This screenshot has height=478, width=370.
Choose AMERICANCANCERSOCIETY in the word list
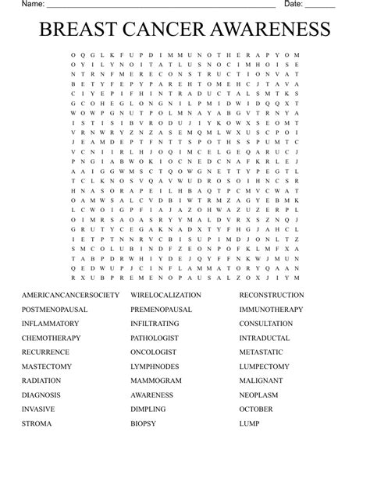click(71, 296)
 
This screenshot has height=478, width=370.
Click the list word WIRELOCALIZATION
click(165, 296)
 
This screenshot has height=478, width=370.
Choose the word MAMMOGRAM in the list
click(156, 381)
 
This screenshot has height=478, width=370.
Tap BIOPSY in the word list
click(144, 424)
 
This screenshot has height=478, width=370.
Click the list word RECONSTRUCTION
click(272, 296)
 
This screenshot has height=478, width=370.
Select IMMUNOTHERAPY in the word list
click(271, 310)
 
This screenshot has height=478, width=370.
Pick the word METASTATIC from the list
click(261, 352)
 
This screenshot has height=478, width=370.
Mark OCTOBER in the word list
click(256, 409)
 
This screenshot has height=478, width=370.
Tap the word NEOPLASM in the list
click(258, 395)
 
